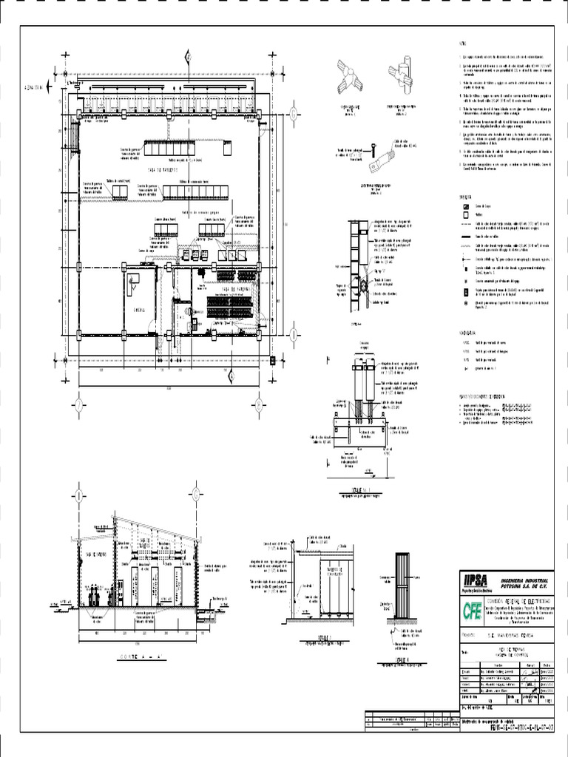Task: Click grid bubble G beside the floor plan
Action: click(x=294, y=113)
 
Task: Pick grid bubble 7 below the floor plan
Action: click(x=78, y=404)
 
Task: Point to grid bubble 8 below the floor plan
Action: click(x=259, y=404)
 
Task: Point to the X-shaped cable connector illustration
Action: click(x=348, y=76)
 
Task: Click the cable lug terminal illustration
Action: click(x=385, y=156)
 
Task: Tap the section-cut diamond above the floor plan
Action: click(x=189, y=57)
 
